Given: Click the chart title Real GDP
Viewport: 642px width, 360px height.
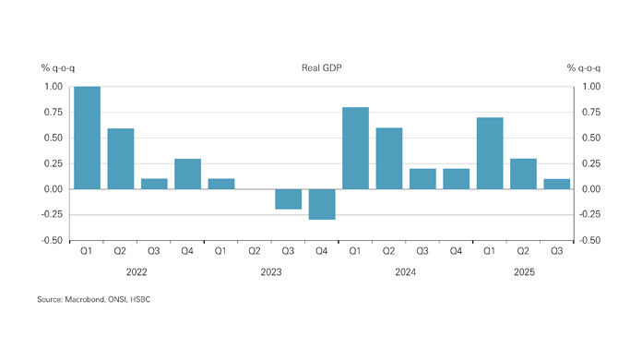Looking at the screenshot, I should pos(322,68).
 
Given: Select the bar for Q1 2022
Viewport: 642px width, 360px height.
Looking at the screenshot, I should pos(88,138).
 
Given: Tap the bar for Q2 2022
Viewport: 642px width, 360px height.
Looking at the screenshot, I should pos(121,159).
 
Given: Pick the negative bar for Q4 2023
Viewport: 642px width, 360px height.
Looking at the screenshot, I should pos(322,204).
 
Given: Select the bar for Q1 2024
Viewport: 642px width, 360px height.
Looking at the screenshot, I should pos(356,148).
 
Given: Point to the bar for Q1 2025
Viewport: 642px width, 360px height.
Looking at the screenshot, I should pos(490,153).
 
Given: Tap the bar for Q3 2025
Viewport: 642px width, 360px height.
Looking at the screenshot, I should pos(557,184).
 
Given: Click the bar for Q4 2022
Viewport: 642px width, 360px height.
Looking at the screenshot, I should pos(188,174).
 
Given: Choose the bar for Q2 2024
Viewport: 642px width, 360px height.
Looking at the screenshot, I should pos(389,158).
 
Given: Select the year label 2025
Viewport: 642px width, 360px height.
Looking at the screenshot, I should pos(523,272).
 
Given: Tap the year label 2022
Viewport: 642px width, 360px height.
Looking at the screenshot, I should pos(137,272).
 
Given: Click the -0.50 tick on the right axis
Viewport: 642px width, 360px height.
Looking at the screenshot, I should pos(589,241).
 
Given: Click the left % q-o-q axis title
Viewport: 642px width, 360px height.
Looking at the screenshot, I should pos(56,68).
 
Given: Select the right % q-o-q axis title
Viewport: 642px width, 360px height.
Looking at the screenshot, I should pos(584,68).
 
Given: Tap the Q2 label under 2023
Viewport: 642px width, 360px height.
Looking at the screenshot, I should pos(256,250).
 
